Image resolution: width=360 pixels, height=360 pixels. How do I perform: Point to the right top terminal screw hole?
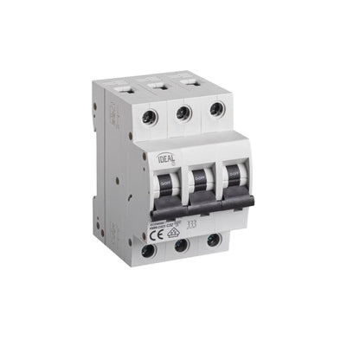pyautogui.click(x=215, y=109)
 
